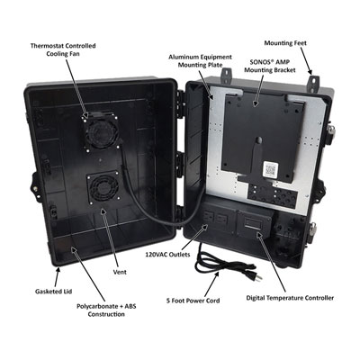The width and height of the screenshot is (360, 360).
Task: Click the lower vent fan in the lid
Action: tap(103, 188)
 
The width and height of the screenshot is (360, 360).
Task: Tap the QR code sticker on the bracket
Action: tap(270, 170)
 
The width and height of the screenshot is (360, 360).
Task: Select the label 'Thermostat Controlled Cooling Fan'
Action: tap(63, 49)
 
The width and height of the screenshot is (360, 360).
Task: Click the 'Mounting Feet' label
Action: tap(285, 43)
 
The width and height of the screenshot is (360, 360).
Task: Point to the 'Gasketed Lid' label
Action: tap(54, 292)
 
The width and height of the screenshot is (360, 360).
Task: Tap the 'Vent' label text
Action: tap(120, 272)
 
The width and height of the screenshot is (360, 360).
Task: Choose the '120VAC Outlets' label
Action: tap(167, 255)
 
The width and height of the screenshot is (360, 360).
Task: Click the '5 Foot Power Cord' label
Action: tap(193, 301)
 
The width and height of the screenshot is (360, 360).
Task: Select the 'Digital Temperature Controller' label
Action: tap(290, 298)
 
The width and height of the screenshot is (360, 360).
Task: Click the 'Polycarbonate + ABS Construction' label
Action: tap(106, 310)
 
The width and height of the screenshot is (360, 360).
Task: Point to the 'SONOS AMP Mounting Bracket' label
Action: tap(270, 66)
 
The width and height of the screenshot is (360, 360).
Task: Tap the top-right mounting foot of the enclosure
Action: tap(314, 84)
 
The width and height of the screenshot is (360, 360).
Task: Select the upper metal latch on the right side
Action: tap(331, 130)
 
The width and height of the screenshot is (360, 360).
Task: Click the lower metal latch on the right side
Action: tap(313, 230)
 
